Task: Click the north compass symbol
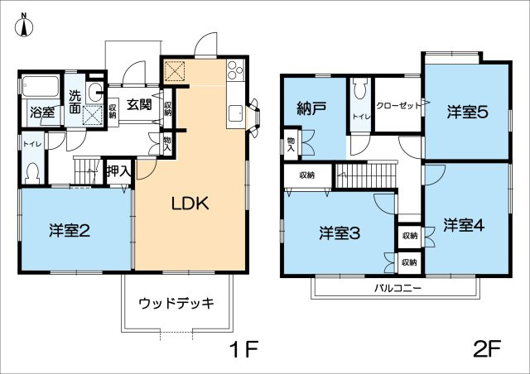click(x=24, y=26)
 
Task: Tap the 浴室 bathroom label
click(x=41, y=112)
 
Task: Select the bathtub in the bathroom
click(x=40, y=85)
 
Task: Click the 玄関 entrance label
click(x=138, y=105)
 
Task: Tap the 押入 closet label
click(x=119, y=171)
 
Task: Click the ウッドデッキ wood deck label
click(x=176, y=303)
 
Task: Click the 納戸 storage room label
click(x=311, y=108)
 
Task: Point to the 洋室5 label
click(x=467, y=112)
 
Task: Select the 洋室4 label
click(x=461, y=225)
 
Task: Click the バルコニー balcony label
click(x=396, y=288)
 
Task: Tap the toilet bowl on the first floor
click(x=32, y=173)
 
